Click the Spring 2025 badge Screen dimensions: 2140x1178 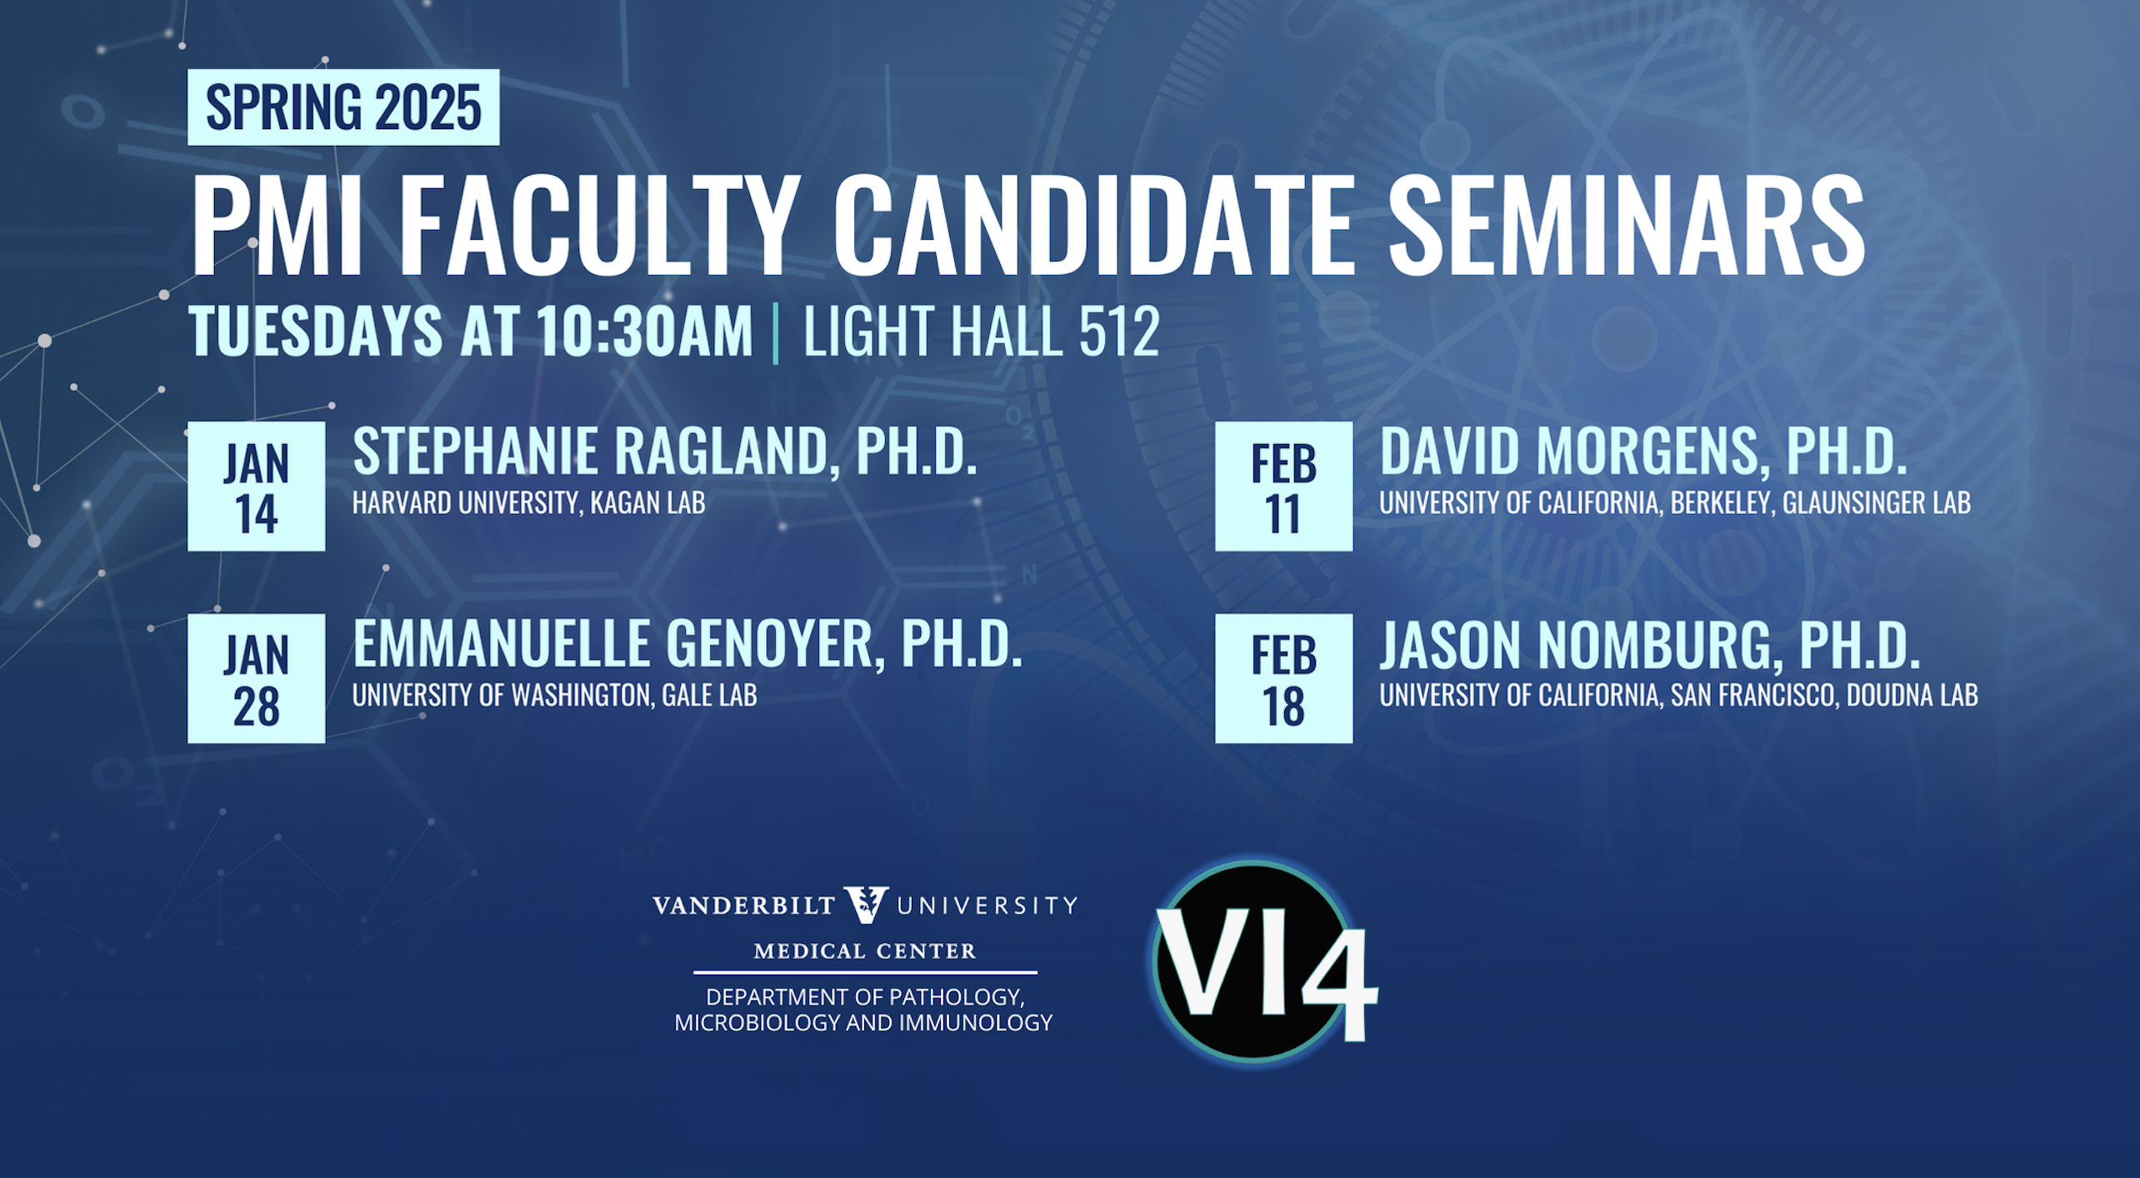[x=343, y=107]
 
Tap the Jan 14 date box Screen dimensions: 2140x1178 [x=257, y=487]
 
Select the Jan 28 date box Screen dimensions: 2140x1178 [x=257, y=679]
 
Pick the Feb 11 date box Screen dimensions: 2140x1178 [x=1284, y=487]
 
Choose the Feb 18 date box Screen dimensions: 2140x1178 [x=1284, y=679]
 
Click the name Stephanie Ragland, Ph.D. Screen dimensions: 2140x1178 [x=665, y=452]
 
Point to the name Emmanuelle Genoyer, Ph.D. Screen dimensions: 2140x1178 [x=687, y=644]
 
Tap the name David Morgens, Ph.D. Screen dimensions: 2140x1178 [x=1643, y=452]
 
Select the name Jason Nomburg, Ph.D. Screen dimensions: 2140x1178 [x=1650, y=645]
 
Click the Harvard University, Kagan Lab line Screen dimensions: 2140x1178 [x=529, y=502]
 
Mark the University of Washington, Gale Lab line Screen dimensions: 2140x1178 [x=555, y=695]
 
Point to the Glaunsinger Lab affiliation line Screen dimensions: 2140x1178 [x=1675, y=502]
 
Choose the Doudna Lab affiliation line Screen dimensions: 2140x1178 [x=1678, y=695]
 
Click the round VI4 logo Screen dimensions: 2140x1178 [x=1258, y=962]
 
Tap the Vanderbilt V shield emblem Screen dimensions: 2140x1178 [x=866, y=905]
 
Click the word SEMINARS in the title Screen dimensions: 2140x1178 [x=1626, y=226]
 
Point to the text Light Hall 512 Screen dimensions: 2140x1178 [x=981, y=332]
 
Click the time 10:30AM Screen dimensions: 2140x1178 [x=644, y=332]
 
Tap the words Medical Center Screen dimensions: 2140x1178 [x=865, y=951]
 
